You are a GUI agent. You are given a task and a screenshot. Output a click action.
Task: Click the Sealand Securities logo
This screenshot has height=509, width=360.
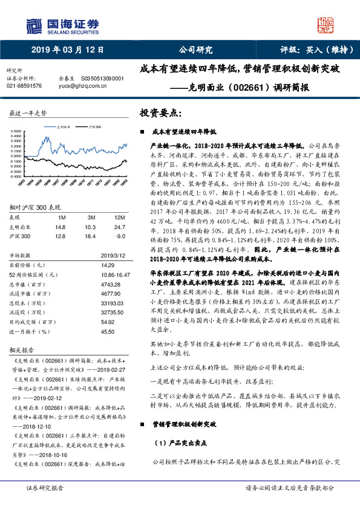click(x=61, y=24)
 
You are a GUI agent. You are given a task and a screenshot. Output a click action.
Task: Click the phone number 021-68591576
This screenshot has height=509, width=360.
click(x=24, y=86)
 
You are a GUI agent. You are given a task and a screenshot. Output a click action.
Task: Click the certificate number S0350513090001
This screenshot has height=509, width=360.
click(x=102, y=79)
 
